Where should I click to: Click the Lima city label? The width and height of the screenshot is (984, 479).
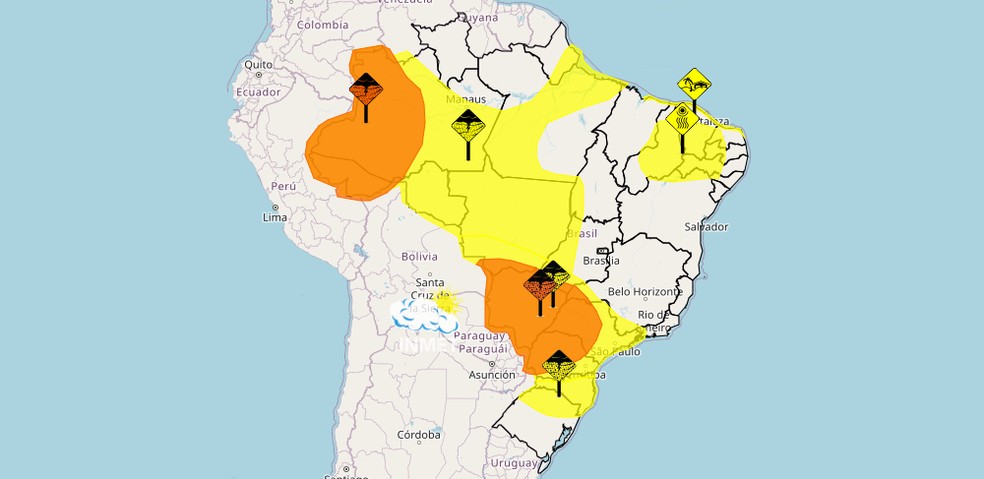[x=274, y=217]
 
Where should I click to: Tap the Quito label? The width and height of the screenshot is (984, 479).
[x=258, y=65]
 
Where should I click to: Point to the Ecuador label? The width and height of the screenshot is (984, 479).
[x=258, y=91]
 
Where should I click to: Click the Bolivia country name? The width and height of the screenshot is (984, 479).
[x=419, y=257]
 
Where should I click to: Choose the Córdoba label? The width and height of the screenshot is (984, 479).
[x=418, y=435]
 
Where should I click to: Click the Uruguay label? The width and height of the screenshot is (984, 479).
[x=514, y=463]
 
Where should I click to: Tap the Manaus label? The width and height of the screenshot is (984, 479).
[x=466, y=100]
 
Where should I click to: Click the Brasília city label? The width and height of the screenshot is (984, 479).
[x=600, y=260]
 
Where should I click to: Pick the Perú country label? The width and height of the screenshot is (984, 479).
[x=284, y=187]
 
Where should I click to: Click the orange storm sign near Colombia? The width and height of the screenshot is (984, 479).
[x=366, y=89]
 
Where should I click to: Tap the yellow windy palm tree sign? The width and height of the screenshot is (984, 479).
[x=694, y=82]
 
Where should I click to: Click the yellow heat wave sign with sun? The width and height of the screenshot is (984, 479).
[x=683, y=118]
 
